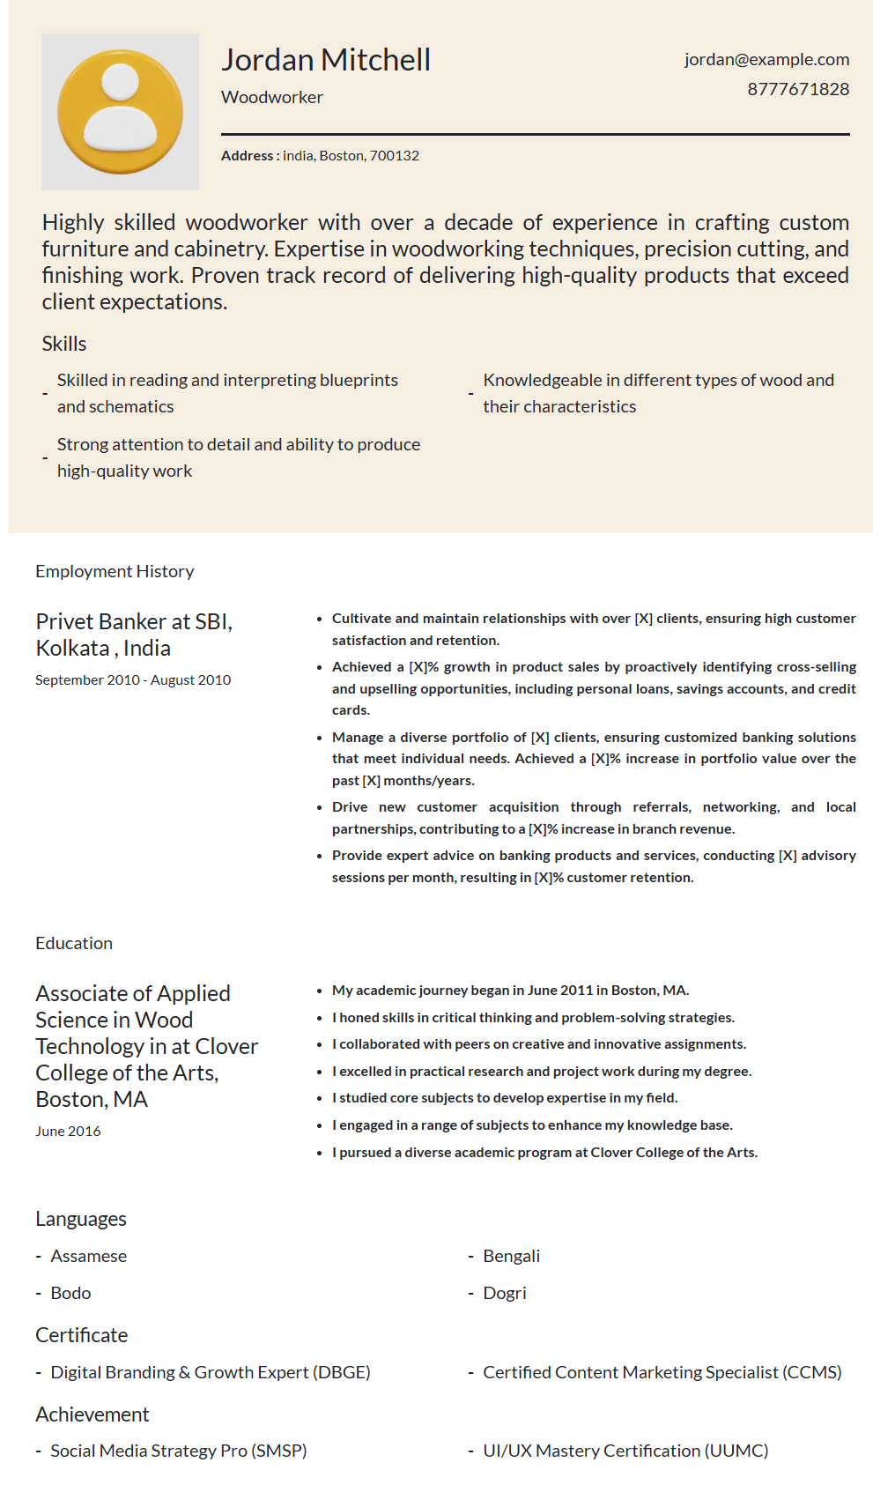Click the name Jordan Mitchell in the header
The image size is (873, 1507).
(x=326, y=60)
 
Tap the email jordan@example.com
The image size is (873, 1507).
(x=766, y=59)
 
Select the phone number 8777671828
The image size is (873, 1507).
(x=798, y=89)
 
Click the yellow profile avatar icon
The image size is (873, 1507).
(x=120, y=112)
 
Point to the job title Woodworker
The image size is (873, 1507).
(x=272, y=97)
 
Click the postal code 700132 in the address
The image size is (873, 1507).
(x=394, y=156)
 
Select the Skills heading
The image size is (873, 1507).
(x=64, y=344)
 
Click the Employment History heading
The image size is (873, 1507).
(x=115, y=571)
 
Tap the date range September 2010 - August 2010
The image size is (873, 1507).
(x=133, y=679)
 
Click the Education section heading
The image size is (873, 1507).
(x=74, y=943)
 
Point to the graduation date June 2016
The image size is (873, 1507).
(x=68, y=1131)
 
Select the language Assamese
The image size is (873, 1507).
(x=88, y=1256)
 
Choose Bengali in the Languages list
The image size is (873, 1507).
(x=511, y=1256)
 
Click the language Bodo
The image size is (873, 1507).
(x=70, y=1293)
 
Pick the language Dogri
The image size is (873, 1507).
(x=504, y=1293)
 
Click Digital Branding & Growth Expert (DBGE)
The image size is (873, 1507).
(x=210, y=1372)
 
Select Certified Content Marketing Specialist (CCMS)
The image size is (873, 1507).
(x=662, y=1372)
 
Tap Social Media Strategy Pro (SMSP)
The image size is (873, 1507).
(x=178, y=1451)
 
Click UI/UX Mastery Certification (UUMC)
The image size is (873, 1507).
(x=625, y=1451)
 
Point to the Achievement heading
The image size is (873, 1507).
(x=92, y=1414)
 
